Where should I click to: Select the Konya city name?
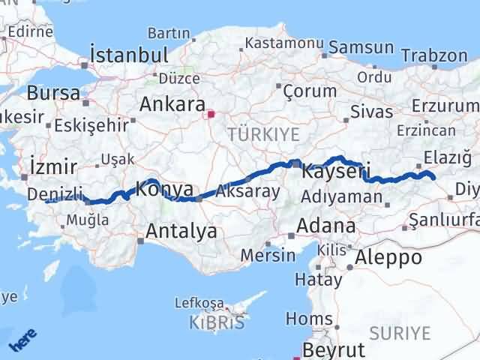[165, 190]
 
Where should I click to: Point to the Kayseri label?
[336, 172]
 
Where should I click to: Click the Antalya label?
[181, 231]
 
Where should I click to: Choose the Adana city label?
[326, 226]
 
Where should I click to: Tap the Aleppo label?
[389, 258]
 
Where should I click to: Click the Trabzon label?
[433, 55]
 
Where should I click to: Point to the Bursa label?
[53, 94]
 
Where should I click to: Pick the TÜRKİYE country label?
[263, 135]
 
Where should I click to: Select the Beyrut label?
[334, 350]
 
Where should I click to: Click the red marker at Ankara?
[211, 115]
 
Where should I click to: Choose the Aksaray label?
[247, 191]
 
